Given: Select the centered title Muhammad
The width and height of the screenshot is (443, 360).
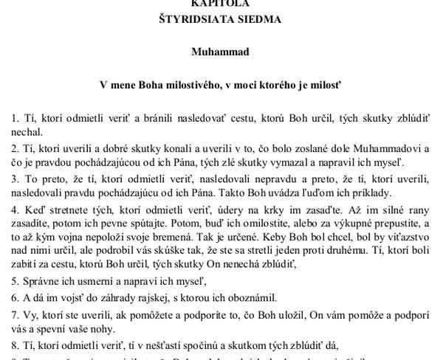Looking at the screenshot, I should [221, 53].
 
